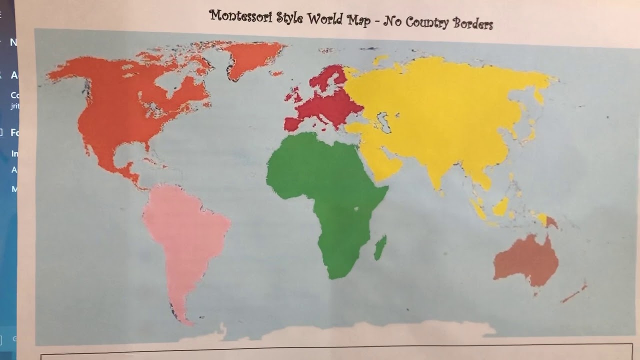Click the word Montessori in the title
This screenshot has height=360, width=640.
click(x=241, y=17)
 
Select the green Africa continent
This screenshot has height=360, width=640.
click(x=325, y=190)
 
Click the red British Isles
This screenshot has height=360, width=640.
click(x=294, y=94)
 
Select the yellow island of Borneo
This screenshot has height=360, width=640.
click(x=500, y=206)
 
